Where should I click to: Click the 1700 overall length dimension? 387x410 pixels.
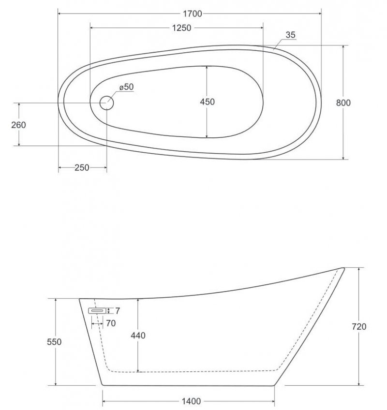tap(193, 14)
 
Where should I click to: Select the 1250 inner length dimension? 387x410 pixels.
tap(181, 28)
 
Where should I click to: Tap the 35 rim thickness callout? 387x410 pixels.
tap(290, 35)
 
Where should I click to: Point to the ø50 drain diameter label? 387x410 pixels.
tap(127, 87)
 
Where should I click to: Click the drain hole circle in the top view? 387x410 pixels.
tap(106, 103)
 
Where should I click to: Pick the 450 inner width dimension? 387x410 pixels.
tap(207, 102)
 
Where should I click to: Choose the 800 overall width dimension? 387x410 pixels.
tap(343, 103)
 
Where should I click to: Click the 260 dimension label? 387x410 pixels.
tap(18, 125)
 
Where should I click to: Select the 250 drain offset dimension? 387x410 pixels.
tap(82, 168)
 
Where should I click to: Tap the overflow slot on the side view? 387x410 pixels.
tap(97, 311)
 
